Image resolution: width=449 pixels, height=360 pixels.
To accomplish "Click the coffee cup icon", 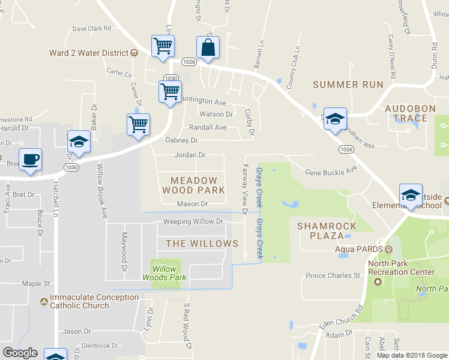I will click(x=30, y=160).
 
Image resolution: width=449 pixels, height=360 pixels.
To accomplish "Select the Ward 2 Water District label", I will click(x=89, y=53).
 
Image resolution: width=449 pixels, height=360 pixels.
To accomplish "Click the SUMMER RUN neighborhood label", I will click(x=348, y=85).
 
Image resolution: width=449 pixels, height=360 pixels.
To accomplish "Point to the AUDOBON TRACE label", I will click(x=406, y=113).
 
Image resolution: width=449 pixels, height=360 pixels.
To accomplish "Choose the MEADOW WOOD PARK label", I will click(x=194, y=185).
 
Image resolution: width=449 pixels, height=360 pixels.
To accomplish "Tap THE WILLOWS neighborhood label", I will click(x=202, y=244).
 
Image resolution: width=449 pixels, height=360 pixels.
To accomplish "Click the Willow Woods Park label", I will click(x=164, y=273).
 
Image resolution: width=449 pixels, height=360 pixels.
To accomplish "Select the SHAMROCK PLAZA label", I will click(x=327, y=231).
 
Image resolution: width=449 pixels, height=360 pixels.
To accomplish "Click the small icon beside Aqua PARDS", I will click(x=388, y=248).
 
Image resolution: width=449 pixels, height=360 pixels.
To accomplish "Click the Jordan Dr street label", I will click(x=190, y=155).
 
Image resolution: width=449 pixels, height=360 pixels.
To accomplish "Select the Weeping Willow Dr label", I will click(x=193, y=221).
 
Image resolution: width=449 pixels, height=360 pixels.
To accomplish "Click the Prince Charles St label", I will click(x=332, y=276).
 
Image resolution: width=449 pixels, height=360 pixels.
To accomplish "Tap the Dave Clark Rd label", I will click(x=92, y=28).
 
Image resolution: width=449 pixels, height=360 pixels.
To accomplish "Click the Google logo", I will click(x=20, y=353).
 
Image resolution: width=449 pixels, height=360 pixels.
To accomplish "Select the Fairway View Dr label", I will click(x=245, y=190).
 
